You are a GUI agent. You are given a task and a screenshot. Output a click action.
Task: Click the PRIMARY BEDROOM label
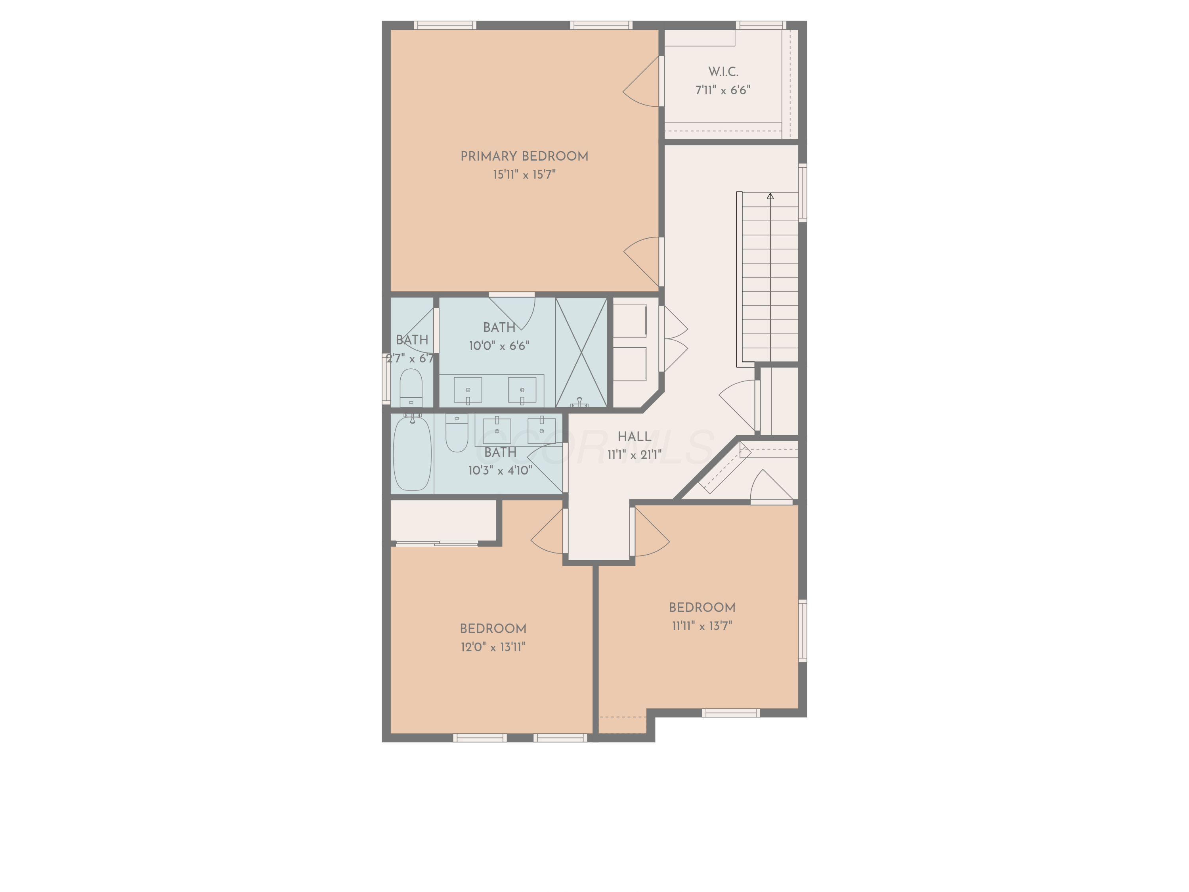524,157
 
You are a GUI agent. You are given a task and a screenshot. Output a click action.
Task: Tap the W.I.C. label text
723,71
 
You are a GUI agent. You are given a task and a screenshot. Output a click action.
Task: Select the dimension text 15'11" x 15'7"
524,175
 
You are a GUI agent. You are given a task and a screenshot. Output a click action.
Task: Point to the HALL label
634,436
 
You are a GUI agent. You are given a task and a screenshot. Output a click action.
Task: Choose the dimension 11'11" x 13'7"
702,626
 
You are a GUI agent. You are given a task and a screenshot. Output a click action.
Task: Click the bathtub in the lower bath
412,453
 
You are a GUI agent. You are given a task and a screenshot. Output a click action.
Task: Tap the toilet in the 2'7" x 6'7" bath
411,387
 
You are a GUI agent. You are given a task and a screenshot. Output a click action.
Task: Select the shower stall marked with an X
581,352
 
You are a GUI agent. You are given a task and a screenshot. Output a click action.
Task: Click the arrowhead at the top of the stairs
770,196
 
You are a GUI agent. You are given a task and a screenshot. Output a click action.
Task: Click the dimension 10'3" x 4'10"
500,471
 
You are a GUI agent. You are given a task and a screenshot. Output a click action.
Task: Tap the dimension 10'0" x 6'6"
499,346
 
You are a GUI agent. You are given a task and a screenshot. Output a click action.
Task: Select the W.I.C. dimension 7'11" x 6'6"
723,90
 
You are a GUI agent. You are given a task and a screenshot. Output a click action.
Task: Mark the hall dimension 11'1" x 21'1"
634,455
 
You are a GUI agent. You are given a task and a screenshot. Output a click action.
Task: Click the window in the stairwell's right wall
803,193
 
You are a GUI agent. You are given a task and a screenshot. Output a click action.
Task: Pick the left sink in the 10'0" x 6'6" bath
468,390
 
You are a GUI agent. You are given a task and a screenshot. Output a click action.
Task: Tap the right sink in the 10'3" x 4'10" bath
541,431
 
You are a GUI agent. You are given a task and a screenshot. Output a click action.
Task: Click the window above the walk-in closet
761,25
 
